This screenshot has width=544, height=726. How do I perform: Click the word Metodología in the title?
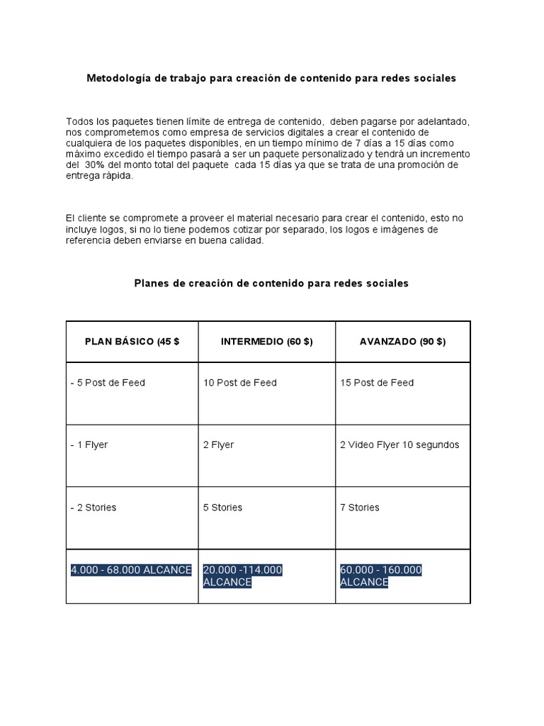point(117,79)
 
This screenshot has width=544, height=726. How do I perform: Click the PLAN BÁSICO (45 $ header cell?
point(132,341)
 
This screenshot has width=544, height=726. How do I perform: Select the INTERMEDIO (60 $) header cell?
point(266,341)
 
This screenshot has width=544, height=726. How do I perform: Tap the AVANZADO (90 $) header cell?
point(402,341)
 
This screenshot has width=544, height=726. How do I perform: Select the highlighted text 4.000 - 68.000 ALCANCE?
point(131,570)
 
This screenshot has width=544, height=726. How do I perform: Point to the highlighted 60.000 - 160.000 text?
point(381,570)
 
